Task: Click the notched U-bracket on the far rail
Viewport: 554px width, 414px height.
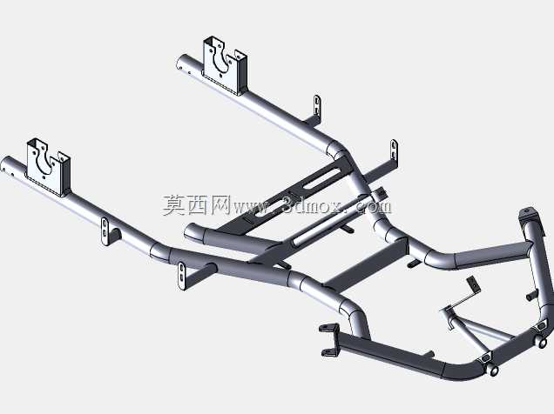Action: click(225, 65)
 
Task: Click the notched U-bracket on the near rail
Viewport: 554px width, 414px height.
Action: click(49, 167)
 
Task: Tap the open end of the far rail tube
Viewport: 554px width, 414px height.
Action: click(181, 63)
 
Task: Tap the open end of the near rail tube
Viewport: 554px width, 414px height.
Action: click(6, 165)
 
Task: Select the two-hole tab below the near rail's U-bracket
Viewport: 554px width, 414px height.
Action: click(105, 231)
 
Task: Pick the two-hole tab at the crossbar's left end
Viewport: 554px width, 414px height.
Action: click(181, 276)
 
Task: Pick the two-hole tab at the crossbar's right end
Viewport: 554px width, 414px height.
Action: click(394, 150)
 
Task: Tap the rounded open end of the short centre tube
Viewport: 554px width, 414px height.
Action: click(193, 232)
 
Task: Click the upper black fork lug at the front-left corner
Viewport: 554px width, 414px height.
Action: click(328, 328)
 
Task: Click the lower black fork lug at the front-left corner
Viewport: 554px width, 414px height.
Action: click(330, 351)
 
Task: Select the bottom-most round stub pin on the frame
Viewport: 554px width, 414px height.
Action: click(494, 370)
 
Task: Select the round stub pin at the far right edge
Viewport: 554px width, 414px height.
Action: click(543, 343)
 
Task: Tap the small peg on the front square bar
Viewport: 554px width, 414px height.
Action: click(429, 353)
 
